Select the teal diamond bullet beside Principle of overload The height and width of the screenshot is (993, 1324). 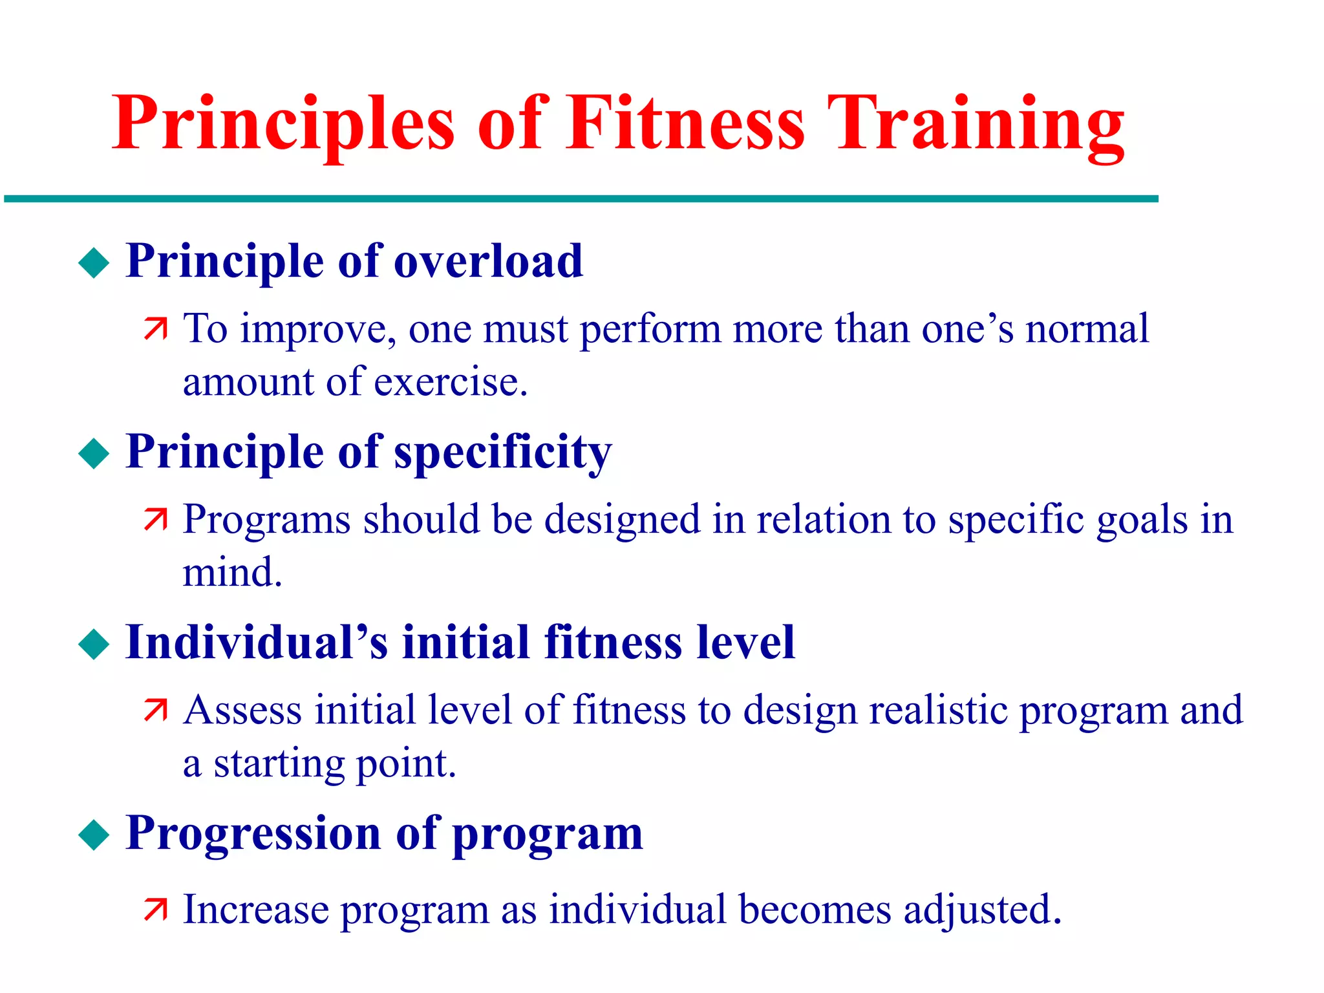(x=94, y=263)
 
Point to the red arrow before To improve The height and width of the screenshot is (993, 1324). (x=155, y=329)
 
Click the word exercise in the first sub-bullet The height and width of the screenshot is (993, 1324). (x=451, y=381)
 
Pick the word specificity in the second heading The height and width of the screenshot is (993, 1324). (x=502, y=453)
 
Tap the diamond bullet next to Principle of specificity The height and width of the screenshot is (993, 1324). (x=94, y=454)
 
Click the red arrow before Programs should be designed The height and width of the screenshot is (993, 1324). (x=155, y=520)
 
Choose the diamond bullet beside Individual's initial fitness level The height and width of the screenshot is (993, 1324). (x=94, y=645)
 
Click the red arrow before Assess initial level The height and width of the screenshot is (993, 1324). (x=155, y=710)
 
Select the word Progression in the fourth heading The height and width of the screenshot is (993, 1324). (x=253, y=834)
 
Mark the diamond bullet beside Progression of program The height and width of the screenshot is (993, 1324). (x=94, y=835)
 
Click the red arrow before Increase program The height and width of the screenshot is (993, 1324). (x=155, y=910)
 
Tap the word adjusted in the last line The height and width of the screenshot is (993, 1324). (x=982, y=910)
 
